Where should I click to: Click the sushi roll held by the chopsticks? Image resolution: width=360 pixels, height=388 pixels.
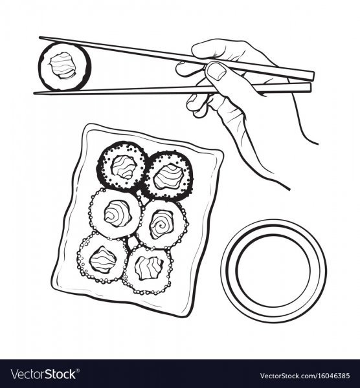(x=65, y=66)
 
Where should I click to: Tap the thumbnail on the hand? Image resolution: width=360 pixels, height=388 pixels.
(x=217, y=70)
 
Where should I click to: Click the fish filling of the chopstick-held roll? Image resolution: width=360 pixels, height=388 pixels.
(x=63, y=65)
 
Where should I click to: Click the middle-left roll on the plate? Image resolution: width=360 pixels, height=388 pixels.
(x=115, y=213)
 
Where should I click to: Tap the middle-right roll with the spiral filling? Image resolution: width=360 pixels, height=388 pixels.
(x=161, y=224)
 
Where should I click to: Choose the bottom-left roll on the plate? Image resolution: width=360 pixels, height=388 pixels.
(x=102, y=258)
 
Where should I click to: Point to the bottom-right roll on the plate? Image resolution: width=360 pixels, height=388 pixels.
(x=147, y=270)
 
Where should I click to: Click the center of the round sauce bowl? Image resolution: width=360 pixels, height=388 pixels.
(x=274, y=270)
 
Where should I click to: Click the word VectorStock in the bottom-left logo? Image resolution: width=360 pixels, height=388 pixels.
(x=43, y=374)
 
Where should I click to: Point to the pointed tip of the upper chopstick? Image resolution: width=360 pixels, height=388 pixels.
(x=39, y=38)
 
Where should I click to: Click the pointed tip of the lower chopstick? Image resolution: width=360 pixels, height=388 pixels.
(x=34, y=93)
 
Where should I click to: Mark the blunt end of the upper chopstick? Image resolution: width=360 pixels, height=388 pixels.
(x=313, y=76)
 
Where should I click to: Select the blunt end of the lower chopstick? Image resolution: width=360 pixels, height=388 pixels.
(x=309, y=87)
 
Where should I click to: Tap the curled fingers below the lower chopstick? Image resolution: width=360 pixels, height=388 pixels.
(x=197, y=105)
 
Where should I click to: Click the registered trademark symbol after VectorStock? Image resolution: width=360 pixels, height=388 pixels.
(x=78, y=371)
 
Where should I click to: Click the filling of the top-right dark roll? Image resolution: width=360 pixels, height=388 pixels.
(x=168, y=176)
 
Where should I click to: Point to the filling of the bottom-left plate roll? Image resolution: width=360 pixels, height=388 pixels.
(x=102, y=259)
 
